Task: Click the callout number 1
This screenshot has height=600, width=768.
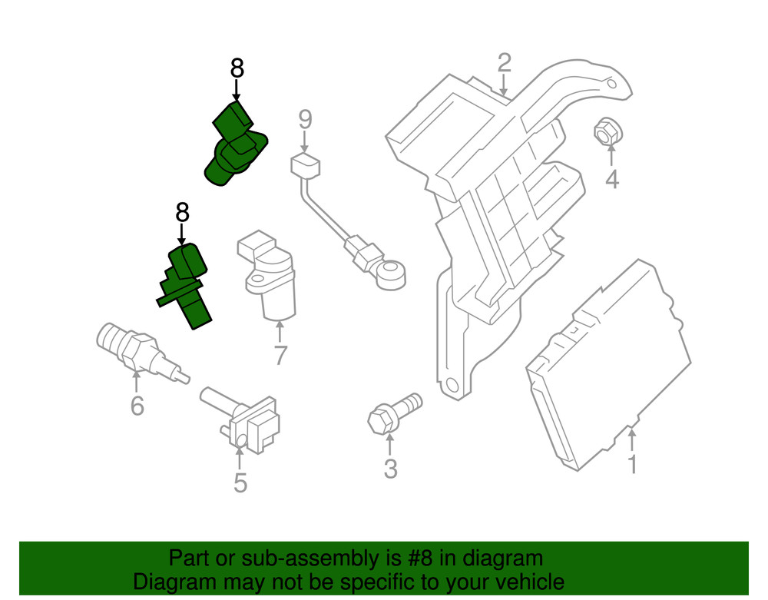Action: (x=632, y=465)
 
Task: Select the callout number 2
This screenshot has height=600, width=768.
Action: (x=504, y=62)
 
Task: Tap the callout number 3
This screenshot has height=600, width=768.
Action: (x=390, y=468)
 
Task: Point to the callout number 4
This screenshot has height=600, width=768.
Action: (x=611, y=180)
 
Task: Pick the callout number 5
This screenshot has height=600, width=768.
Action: (x=240, y=482)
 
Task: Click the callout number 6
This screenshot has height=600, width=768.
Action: (x=137, y=405)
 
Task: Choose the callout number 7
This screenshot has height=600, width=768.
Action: (x=280, y=355)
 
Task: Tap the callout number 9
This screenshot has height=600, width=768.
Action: (x=305, y=119)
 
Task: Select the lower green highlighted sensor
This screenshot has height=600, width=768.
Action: (x=184, y=284)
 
